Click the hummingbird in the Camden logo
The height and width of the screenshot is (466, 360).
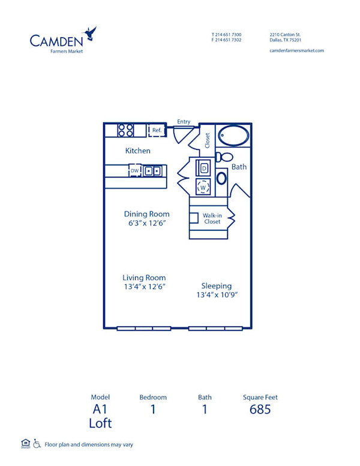coord(91,33)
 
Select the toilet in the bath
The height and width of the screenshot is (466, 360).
coord(226,157)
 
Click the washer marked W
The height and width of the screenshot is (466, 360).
coord(203,187)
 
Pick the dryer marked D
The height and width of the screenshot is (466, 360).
coord(203,169)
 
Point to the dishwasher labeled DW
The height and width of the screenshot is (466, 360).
coord(134,171)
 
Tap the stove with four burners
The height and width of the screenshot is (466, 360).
coord(125,130)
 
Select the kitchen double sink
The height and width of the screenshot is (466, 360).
coord(152,171)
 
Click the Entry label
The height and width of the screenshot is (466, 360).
coord(184,122)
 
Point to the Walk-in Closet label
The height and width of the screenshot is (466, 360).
coord(211,218)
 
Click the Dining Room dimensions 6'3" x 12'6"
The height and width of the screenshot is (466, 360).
coord(146,223)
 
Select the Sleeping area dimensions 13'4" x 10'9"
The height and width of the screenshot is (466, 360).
coord(217,295)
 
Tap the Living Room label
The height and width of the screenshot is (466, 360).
coord(144,278)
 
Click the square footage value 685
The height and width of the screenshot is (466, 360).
coord(260,410)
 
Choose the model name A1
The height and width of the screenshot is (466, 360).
coord(101,410)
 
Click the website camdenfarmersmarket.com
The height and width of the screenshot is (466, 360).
coord(296,50)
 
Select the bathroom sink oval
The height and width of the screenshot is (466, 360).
coord(221,178)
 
